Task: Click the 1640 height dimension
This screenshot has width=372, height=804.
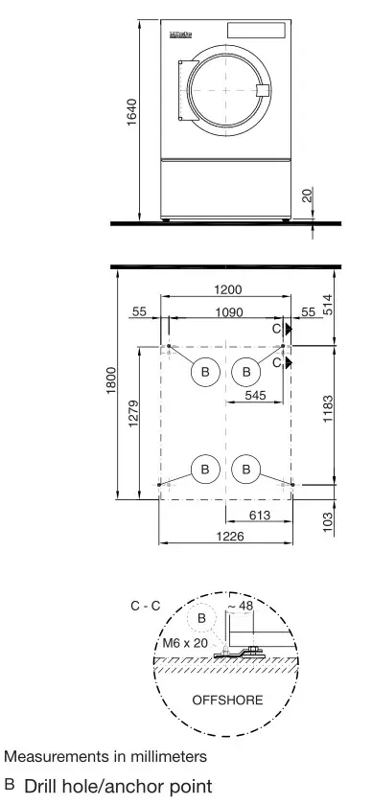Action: (133, 116)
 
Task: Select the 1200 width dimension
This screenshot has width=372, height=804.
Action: (228, 289)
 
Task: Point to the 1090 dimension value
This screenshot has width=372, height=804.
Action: (228, 312)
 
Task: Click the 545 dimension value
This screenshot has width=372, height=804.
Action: (256, 395)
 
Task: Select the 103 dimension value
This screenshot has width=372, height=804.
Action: (327, 522)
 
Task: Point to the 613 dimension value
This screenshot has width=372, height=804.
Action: (259, 515)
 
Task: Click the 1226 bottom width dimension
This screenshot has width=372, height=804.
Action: (228, 537)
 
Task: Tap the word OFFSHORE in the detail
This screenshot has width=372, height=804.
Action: (227, 701)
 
